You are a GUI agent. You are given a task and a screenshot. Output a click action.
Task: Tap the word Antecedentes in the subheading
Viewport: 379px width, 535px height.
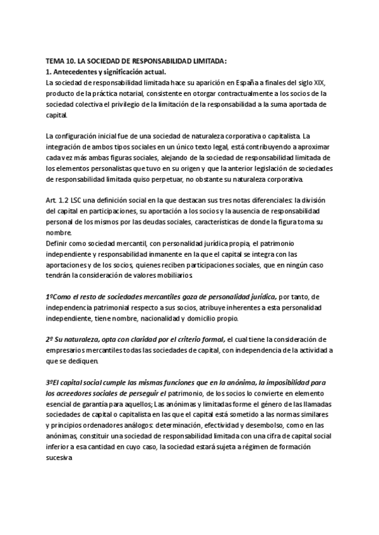pyautogui.click(x=77, y=72)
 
